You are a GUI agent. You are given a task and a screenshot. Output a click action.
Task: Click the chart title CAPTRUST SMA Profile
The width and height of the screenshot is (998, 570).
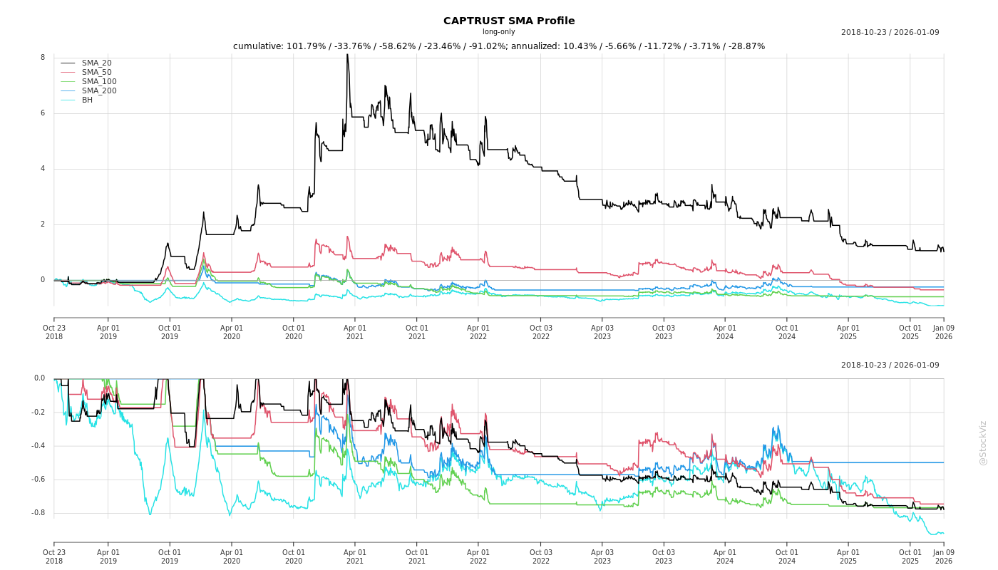[x=509, y=21]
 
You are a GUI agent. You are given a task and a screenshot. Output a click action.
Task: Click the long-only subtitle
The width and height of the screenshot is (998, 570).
[x=498, y=32]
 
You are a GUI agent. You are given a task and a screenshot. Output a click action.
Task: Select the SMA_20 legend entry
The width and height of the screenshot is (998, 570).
[x=96, y=63]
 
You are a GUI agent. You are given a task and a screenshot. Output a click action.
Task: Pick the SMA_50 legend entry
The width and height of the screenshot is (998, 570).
[x=96, y=73]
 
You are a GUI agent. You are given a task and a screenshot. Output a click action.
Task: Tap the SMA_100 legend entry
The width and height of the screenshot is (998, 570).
[x=99, y=82]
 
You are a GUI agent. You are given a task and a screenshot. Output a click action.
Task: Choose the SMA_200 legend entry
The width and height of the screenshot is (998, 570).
[x=99, y=91]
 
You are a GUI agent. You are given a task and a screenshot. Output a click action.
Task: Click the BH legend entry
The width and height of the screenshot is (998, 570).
[x=87, y=100]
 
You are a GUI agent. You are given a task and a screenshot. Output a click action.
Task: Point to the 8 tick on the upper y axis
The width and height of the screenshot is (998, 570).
[x=43, y=58]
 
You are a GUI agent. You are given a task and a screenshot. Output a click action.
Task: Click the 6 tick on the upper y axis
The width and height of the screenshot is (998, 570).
[x=43, y=113]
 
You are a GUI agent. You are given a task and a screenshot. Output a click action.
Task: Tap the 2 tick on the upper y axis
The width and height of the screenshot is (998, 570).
[x=43, y=224]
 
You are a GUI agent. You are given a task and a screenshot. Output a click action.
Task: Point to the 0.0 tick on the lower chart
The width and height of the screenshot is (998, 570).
[x=39, y=378]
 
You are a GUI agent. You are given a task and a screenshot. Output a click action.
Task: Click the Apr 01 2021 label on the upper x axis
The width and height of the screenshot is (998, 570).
[x=355, y=332]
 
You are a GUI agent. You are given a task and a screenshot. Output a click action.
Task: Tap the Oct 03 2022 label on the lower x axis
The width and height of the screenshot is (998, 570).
[x=540, y=556]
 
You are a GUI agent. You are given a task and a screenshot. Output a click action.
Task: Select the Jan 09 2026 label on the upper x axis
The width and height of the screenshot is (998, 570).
[x=944, y=332]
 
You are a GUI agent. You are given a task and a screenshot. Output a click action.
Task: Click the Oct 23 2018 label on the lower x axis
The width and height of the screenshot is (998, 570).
[x=54, y=556]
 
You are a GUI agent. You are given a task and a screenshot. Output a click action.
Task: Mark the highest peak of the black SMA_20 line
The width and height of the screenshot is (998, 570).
[x=347, y=55]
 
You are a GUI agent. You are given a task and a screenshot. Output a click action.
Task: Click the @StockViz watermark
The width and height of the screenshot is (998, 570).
[x=983, y=442]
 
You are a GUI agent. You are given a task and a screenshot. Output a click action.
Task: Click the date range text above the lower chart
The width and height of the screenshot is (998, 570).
[x=890, y=366]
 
